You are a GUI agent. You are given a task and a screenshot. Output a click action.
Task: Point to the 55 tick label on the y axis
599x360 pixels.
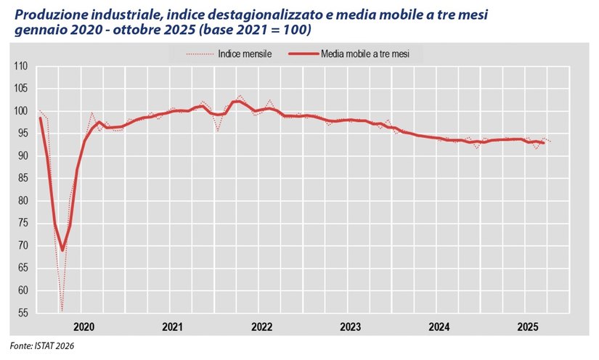coord(22,313)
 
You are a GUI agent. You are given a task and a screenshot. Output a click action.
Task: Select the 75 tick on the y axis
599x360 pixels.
coord(22,223)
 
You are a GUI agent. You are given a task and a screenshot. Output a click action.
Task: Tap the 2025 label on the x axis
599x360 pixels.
coord(526,327)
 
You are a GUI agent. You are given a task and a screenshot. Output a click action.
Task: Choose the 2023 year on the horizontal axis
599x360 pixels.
coord(350,327)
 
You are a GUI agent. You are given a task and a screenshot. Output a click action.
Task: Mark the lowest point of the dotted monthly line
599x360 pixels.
coord(62,311)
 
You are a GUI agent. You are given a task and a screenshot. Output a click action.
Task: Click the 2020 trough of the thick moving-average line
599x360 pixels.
coord(62,250)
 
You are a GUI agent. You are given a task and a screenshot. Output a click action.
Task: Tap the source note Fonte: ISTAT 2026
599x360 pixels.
coord(42,346)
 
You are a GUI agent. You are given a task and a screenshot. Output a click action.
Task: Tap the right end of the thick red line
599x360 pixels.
coord(543,143)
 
